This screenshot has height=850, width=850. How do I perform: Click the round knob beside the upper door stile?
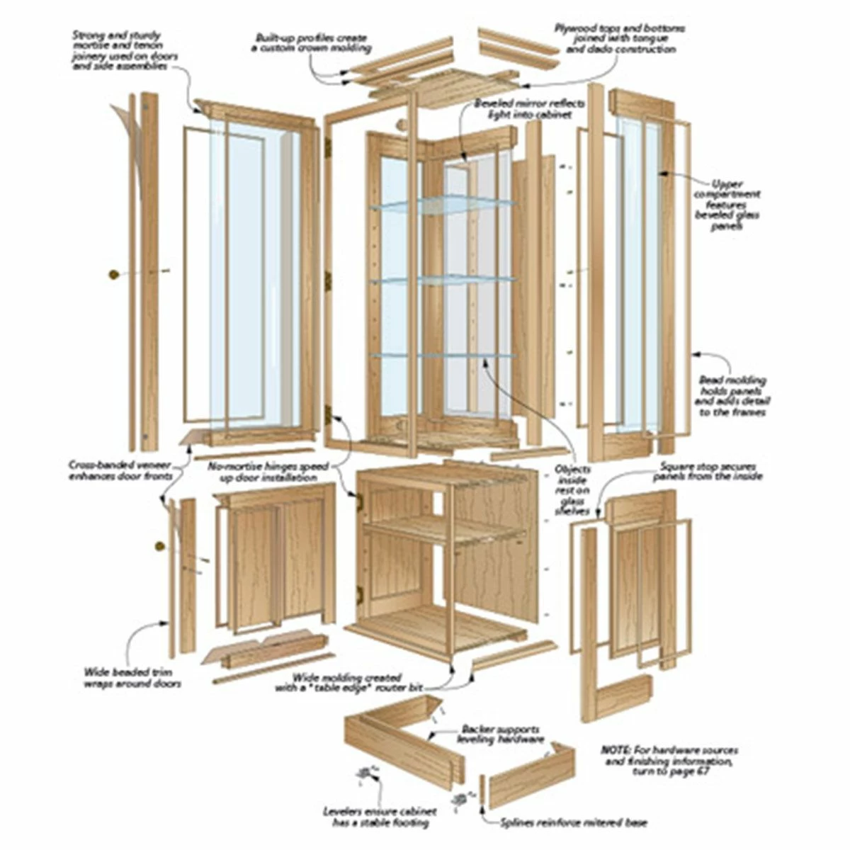pos(113,273)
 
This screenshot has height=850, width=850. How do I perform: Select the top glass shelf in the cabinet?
pos(443,205)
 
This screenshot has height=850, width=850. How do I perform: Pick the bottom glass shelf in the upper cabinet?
pos(443,356)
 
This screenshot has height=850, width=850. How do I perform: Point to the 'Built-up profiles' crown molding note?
pos(311,42)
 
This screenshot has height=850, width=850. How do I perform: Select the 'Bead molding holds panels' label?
pos(732,396)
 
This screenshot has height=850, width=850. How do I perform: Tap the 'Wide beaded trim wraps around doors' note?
pos(132,678)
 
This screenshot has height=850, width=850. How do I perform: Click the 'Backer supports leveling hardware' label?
pos(500,734)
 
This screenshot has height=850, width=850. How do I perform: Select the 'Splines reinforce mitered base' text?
pos(574,823)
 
